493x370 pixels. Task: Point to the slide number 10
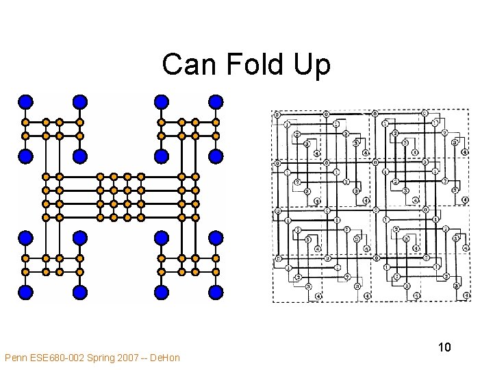tap(444, 347)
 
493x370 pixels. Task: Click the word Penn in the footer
tap(16, 358)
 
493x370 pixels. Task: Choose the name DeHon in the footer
tap(166, 358)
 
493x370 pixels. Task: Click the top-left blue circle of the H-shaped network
tap(25, 102)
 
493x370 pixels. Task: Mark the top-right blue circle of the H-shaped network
tap(216, 102)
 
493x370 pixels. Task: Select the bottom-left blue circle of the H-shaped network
tap(25, 292)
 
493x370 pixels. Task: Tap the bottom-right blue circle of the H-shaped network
tap(216, 292)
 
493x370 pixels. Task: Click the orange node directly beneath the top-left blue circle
tap(25, 122)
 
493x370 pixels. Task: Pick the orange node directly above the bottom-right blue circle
tap(216, 272)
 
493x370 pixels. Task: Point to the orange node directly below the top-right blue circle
tap(216, 122)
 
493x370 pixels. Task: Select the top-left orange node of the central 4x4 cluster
tap(100, 177)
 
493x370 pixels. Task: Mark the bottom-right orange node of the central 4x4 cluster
tap(141, 217)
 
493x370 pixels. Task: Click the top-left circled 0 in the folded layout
tap(277, 114)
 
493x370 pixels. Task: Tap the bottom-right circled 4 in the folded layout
tap(466, 296)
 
